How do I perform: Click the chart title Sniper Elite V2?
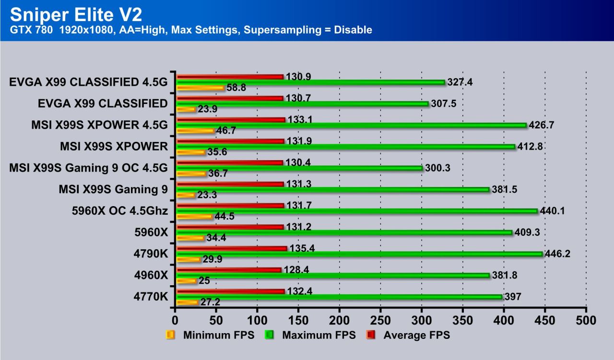[x=76, y=14]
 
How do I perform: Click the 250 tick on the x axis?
[x=380, y=319]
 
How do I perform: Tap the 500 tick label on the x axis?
[x=586, y=319]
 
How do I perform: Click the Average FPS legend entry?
[x=416, y=335]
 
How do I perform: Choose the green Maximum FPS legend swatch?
[x=270, y=335]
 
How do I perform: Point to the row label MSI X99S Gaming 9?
[x=113, y=190]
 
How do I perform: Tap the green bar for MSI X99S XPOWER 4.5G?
[x=351, y=125]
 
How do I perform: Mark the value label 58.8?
[x=236, y=88]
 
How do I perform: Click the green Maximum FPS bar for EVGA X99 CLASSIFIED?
[x=302, y=104]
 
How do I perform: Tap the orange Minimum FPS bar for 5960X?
[x=190, y=238]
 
